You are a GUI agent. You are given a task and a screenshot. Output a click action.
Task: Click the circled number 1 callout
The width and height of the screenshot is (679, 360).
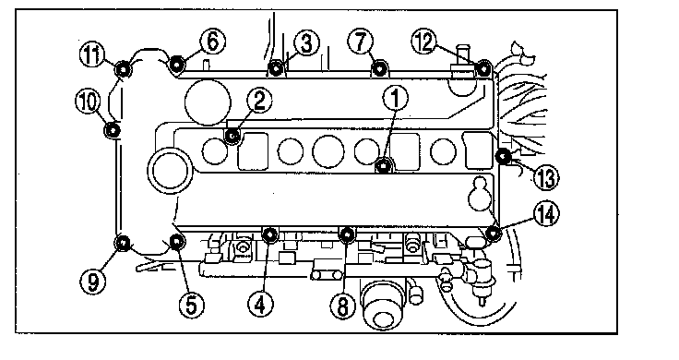(395, 98)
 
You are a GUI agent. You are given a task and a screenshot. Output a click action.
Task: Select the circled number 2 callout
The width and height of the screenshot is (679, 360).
(259, 101)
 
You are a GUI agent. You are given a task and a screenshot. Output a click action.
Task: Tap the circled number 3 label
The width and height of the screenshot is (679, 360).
(306, 43)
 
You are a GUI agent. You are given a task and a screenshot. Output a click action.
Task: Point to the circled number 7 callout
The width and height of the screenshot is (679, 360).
(360, 42)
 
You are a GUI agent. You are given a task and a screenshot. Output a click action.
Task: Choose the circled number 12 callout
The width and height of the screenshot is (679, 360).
(424, 42)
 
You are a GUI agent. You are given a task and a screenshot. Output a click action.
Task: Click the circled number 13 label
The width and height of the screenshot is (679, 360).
(545, 177)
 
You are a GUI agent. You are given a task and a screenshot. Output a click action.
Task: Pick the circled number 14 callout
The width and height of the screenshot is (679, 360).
(546, 214)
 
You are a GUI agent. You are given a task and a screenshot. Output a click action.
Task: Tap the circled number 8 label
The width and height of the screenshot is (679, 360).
(342, 306)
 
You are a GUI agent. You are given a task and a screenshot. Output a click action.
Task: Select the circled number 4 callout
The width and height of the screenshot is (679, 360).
(261, 304)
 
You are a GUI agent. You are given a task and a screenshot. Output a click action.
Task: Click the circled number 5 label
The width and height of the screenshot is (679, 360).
(191, 304)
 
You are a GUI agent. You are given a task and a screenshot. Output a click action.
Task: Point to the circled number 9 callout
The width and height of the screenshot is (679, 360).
(92, 282)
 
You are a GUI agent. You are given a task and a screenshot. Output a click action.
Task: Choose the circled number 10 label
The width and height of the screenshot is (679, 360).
(88, 102)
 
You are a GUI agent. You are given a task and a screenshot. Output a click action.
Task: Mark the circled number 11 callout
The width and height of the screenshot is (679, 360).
(92, 55)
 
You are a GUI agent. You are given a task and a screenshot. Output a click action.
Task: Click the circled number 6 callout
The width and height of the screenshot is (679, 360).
(212, 42)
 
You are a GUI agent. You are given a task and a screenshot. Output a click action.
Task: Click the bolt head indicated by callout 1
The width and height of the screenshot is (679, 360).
(383, 165)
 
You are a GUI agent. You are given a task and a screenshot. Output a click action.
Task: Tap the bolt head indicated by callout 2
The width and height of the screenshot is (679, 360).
(233, 137)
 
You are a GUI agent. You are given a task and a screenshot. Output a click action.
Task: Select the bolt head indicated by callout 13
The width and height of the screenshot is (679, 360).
(503, 156)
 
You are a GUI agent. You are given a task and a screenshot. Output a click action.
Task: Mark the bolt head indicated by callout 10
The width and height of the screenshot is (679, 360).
(113, 129)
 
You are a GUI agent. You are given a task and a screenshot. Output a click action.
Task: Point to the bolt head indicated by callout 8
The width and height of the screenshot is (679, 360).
(347, 234)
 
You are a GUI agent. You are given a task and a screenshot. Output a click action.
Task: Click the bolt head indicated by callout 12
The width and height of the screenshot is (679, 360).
(483, 68)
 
